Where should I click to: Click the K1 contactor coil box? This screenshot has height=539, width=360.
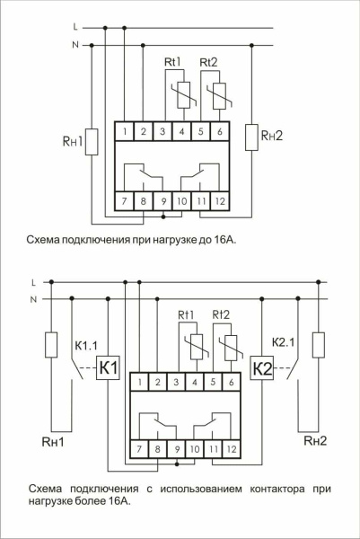point(108,368)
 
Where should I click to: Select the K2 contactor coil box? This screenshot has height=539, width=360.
point(261,368)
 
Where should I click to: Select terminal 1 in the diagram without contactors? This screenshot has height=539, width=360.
point(124,132)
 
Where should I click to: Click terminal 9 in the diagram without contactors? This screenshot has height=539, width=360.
point(162,202)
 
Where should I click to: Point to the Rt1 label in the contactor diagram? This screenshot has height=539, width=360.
point(187,314)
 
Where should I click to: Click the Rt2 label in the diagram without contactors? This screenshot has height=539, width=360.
point(209,62)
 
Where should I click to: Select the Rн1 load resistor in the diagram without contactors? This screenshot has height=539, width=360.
point(92,141)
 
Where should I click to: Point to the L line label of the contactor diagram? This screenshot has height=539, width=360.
point(33,281)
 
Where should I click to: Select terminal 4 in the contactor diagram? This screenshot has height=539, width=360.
point(195,384)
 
